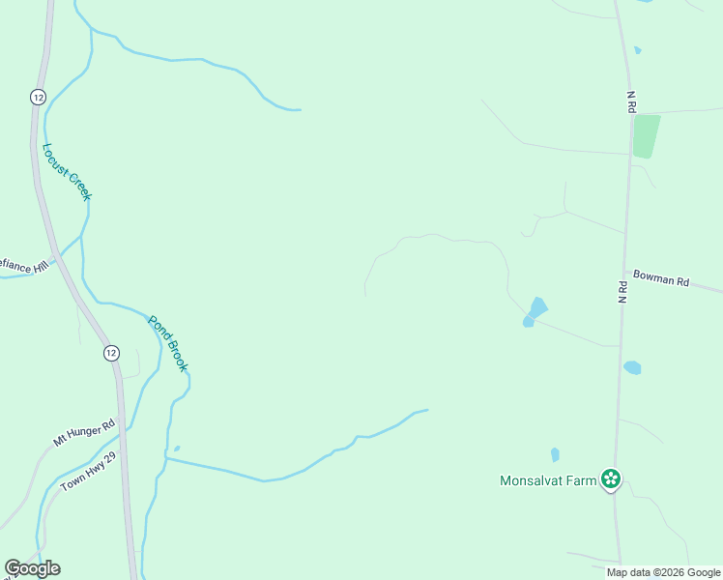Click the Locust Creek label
[x=67, y=172]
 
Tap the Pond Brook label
[x=167, y=343]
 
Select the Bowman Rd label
[x=661, y=279]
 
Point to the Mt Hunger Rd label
[x=84, y=432]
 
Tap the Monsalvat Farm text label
[x=547, y=479]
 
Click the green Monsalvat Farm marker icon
[x=610, y=478]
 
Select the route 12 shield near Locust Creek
[x=37, y=98]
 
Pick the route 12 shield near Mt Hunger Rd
[x=111, y=353]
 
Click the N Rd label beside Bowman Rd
[x=623, y=293]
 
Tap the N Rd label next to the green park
[x=631, y=102]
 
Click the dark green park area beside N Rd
[x=646, y=136]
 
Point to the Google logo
[x=32, y=568]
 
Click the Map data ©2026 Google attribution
[x=663, y=572]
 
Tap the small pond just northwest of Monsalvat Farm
[x=555, y=454]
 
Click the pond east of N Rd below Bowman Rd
[x=632, y=367]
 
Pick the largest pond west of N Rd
[x=536, y=308]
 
